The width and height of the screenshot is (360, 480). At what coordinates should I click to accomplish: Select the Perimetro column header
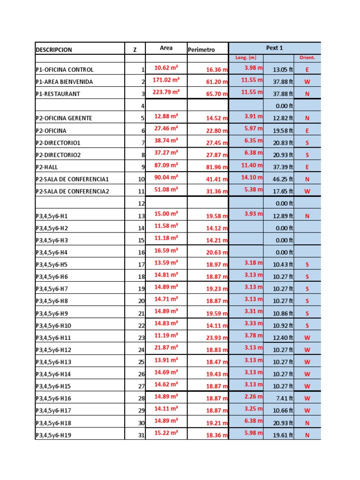click(x=201, y=50)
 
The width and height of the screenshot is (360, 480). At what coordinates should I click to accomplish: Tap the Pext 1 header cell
click(x=274, y=48)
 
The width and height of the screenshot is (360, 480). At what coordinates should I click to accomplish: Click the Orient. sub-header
click(x=307, y=58)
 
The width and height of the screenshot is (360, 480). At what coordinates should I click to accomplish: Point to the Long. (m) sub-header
click(x=246, y=58)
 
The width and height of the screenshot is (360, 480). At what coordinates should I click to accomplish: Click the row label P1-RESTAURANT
click(x=58, y=94)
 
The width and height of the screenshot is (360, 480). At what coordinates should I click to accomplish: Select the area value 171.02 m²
click(x=166, y=80)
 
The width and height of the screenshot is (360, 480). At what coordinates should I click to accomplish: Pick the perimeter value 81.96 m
click(x=217, y=167)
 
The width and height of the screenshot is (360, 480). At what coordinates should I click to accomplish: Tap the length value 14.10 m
click(x=252, y=178)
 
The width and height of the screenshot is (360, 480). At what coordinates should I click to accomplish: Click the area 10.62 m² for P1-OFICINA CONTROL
click(x=166, y=68)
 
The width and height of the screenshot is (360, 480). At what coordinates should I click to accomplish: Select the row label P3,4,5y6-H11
click(x=53, y=337)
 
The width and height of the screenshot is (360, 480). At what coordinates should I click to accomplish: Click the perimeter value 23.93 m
click(x=217, y=337)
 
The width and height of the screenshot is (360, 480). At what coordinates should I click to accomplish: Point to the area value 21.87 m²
click(x=166, y=347)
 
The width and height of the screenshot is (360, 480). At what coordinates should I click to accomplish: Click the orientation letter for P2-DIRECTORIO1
click(x=307, y=142)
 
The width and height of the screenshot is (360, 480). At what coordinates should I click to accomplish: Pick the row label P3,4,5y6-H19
click(x=53, y=435)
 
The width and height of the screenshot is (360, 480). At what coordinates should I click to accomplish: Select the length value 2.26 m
click(x=253, y=397)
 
